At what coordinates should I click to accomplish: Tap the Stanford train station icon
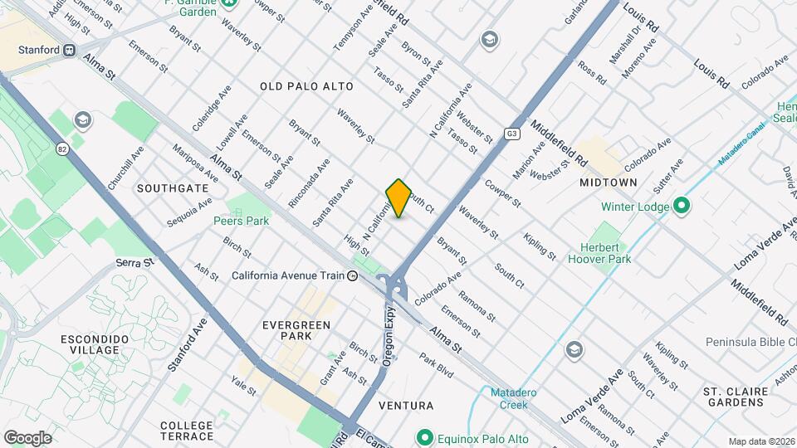click(x=71, y=50)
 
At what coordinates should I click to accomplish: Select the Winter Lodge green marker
click(x=681, y=206)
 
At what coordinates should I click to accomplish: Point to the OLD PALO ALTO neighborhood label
click(x=306, y=86)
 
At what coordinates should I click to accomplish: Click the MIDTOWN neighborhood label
click(x=609, y=182)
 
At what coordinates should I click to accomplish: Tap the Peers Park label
click(x=241, y=222)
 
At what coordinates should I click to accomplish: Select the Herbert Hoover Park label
click(x=594, y=253)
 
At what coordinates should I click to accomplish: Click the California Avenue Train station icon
click(x=353, y=276)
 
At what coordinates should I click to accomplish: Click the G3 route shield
click(x=512, y=134)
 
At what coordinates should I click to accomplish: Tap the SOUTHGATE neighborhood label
click(x=173, y=188)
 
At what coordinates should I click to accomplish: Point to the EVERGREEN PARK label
click(x=296, y=330)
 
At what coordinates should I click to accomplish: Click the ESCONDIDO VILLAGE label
click(x=94, y=345)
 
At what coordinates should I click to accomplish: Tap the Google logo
click(x=27, y=437)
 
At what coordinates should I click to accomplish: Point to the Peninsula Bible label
click(x=751, y=342)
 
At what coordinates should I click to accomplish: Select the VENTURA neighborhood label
click(x=405, y=406)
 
